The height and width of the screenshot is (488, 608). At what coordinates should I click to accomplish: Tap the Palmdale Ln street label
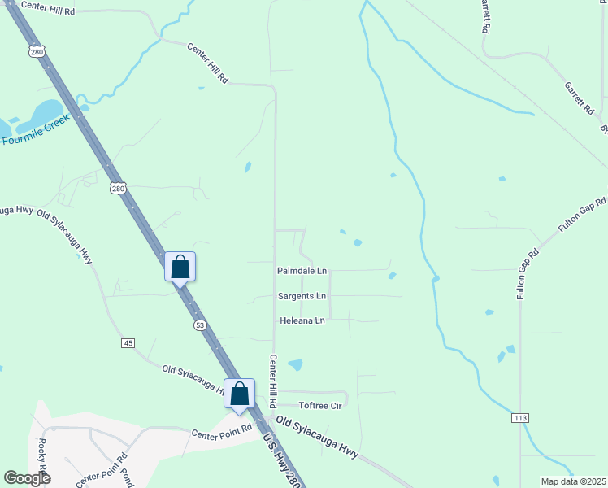pos(302,270)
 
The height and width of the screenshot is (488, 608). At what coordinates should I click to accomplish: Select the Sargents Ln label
pos(302,296)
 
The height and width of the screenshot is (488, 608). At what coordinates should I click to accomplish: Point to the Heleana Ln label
pos(302,320)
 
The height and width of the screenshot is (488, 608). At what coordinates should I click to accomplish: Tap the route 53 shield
pos(200,325)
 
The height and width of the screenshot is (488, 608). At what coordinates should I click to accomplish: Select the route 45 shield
pos(128,343)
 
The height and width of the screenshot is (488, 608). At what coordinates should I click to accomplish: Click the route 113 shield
pos(520,417)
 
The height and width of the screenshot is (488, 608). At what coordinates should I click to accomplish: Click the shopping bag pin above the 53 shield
pos(180,266)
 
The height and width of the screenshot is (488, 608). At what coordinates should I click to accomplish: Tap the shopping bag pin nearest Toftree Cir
pos(240,394)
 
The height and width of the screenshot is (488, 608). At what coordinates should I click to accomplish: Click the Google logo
pos(27,478)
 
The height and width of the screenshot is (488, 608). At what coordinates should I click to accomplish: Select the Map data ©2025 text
pos(573,481)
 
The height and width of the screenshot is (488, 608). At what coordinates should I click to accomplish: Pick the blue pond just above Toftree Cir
pos(294,365)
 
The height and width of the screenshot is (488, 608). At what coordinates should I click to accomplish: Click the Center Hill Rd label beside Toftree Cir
pos(274,381)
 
